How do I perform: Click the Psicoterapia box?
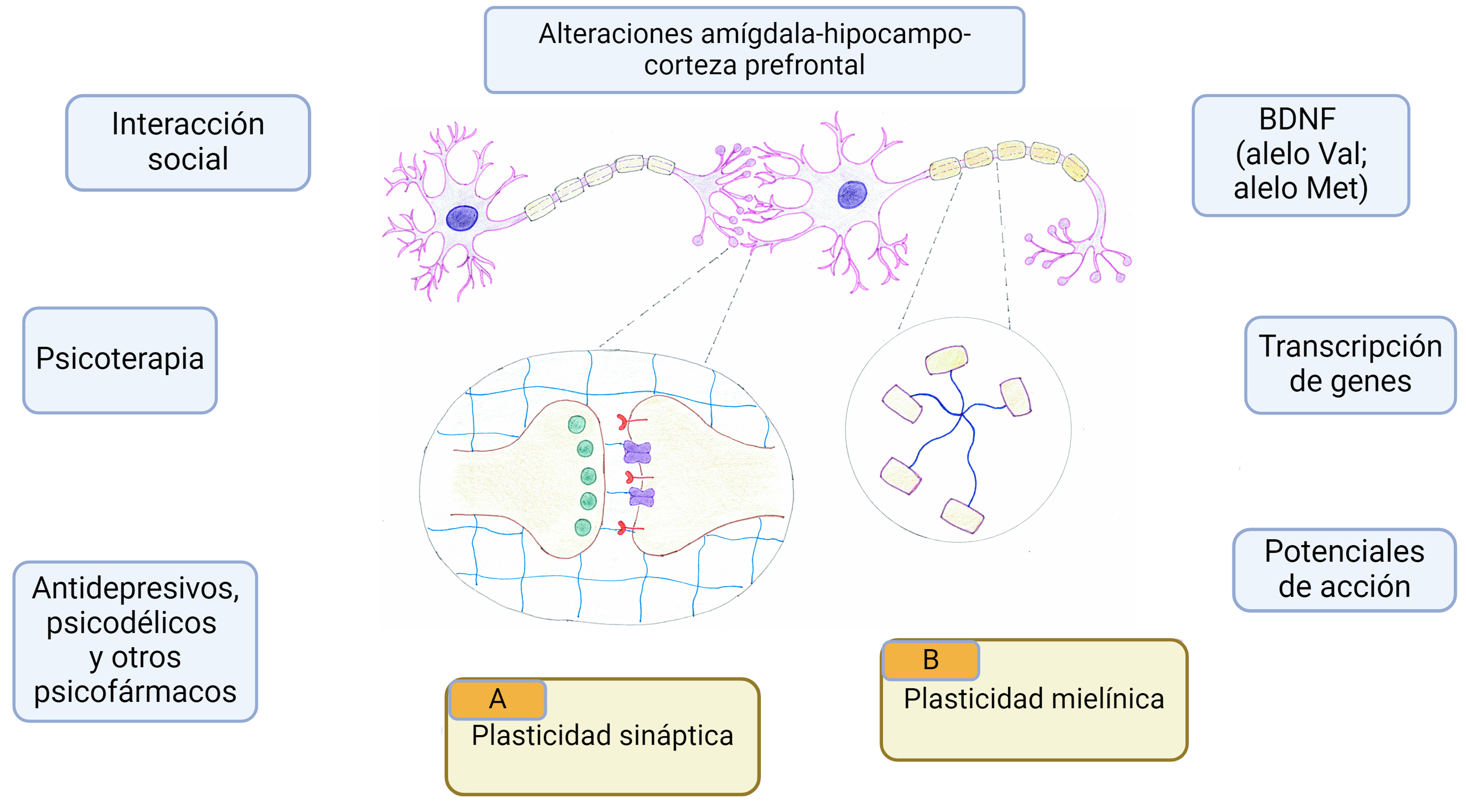(120, 360)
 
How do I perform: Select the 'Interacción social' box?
(188, 142)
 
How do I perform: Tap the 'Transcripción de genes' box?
(1350, 365)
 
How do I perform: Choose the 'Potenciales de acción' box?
(1344, 569)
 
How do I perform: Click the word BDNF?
(1297, 119)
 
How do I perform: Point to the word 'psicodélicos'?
(132, 623)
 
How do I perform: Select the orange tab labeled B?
(931, 660)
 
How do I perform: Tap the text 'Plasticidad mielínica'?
(1034, 699)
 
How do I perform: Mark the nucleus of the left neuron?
(461, 218)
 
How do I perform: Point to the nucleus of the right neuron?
(852, 195)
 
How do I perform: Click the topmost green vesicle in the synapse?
(577, 424)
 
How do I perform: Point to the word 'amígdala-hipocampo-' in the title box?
(836, 34)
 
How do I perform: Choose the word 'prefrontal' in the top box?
(805, 65)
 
